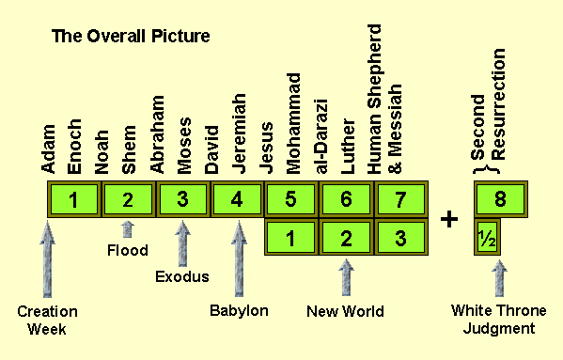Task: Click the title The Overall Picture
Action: pos(130,37)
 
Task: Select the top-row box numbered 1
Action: pos(73,199)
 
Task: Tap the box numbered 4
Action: pos(237,199)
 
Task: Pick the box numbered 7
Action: pos(401,199)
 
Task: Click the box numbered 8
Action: pos(500,199)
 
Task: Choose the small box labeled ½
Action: pos(487,237)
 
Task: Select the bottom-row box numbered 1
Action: pos(292,237)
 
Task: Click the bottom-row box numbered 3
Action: pos(401,237)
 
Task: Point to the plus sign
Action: pos(449,219)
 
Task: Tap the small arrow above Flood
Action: pos(128,228)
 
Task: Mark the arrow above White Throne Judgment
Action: pos(499,278)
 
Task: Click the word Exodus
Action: pos(182,276)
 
